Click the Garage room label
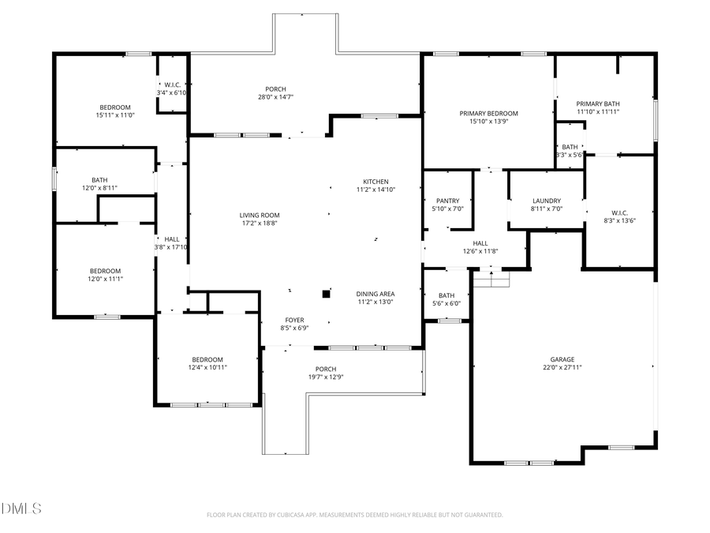click(x=562, y=359)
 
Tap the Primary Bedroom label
click(x=488, y=114)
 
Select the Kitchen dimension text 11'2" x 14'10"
click(x=376, y=190)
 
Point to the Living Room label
click(x=260, y=215)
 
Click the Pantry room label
click(x=447, y=201)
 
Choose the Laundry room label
click(x=546, y=201)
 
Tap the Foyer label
click(x=293, y=320)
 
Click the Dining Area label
click(x=376, y=293)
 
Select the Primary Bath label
click(x=597, y=103)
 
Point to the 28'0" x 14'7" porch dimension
click(x=275, y=97)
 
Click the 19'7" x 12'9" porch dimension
click(x=326, y=377)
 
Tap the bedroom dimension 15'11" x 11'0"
click(x=114, y=115)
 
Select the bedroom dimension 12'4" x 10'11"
click(x=207, y=367)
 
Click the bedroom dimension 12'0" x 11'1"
click(x=105, y=279)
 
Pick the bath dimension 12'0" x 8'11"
click(x=99, y=188)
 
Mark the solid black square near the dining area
click(x=325, y=295)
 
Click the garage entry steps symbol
click(x=491, y=278)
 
